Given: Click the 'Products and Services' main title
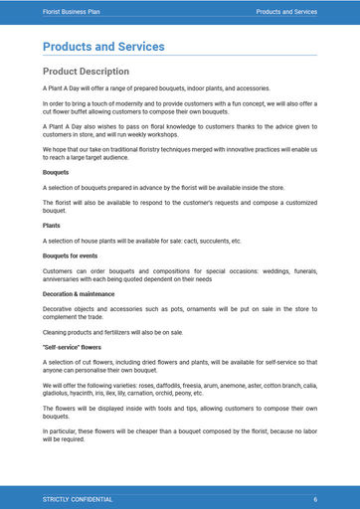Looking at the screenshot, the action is click(103, 47).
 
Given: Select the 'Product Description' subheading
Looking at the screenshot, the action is click(86, 72).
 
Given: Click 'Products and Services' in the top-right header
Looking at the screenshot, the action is click(286, 12).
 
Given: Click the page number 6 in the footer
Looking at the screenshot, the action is click(315, 498).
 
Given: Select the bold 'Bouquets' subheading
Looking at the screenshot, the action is click(56, 173).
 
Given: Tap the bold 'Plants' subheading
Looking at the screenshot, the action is click(52, 226).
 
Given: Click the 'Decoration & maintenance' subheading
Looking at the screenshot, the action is click(80, 293).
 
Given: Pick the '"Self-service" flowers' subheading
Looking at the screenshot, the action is click(73, 347).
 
